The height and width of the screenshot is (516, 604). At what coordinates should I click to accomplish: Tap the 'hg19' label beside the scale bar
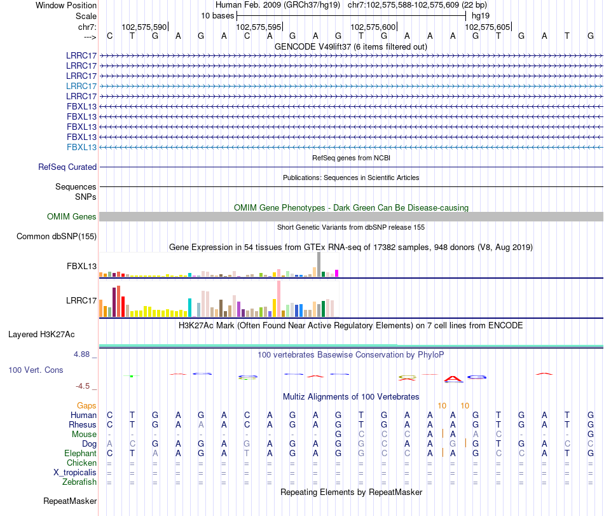[480, 15]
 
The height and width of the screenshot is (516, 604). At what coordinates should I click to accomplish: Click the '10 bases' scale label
[217, 15]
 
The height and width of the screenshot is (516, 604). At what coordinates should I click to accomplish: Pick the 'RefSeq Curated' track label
[67, 167]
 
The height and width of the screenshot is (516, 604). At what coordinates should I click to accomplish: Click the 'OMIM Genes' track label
[72, 217]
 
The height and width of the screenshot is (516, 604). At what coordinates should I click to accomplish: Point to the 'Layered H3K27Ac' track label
[50, 334]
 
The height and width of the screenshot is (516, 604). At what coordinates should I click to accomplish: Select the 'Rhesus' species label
[83, 424]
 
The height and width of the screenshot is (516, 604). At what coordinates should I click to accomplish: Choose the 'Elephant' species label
[80, 453]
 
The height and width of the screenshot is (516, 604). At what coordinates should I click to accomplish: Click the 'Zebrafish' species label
[79, 482]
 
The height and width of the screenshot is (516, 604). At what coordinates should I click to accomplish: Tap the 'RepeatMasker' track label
[70, 501]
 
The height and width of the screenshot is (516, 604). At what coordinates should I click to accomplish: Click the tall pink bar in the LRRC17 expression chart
[278, 298]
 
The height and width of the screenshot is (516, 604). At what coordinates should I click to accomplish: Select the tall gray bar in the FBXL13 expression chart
[319, 264]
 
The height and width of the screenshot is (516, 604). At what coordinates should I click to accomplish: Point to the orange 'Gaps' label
[86, 405]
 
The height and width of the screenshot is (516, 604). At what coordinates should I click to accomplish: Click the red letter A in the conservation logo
[453, 379]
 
